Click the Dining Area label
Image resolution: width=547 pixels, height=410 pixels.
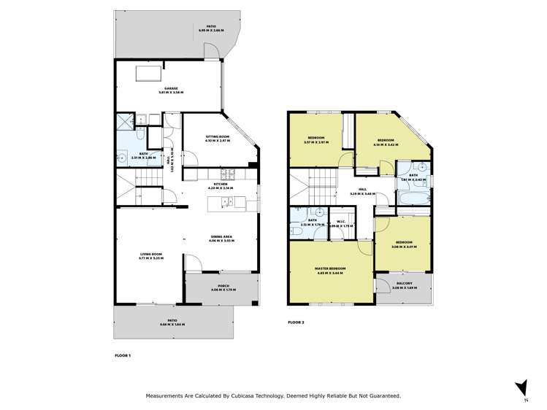click(221, 237)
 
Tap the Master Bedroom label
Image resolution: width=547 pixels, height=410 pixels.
click(330, 268)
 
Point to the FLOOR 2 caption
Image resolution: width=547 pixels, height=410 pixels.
click(296, 321)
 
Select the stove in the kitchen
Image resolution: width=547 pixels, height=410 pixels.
click(229, 174)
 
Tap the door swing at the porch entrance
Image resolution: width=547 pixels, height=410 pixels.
click(192, 266)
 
